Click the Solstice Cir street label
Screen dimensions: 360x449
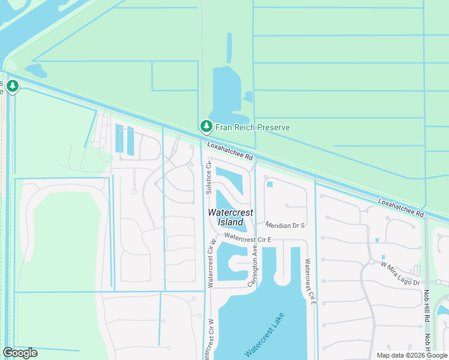[x=209, y=177]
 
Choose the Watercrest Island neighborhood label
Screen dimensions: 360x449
[x=231, y=217]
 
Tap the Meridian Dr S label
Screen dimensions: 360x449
[x=286, y=225]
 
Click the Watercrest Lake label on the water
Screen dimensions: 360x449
[x=262, y=337]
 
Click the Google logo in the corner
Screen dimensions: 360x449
[x=20, y=352]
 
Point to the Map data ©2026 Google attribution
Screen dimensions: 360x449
[x=412, y=355]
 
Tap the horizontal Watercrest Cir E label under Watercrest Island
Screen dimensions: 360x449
[x=249, y=238]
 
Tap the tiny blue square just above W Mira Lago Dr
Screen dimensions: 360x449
[x=376, y=241]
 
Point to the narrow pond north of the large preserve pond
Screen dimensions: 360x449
[x=229, y=48]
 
